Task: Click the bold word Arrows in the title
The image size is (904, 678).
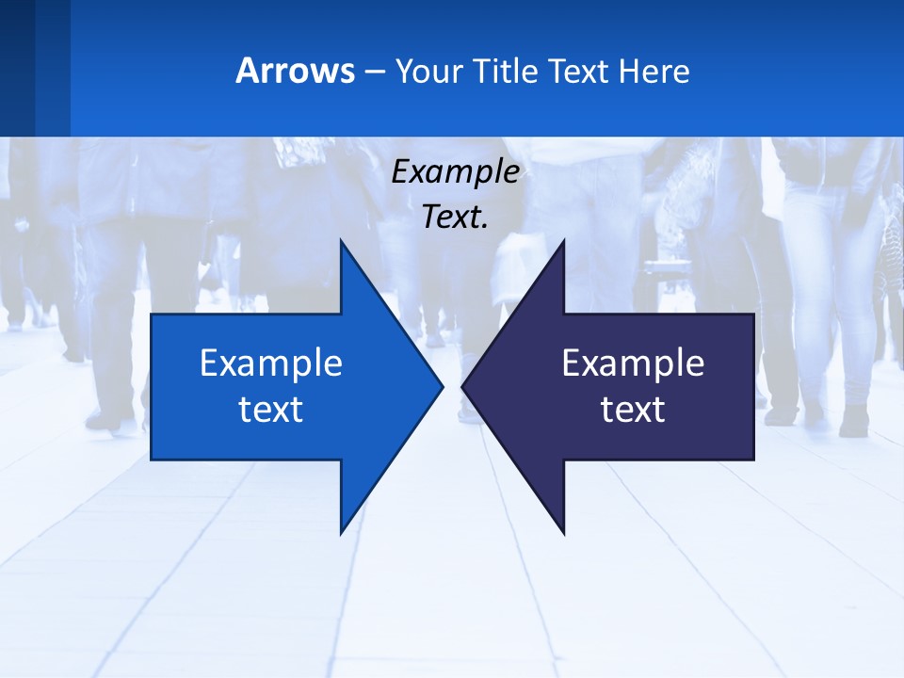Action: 295,71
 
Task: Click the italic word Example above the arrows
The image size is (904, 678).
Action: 456,171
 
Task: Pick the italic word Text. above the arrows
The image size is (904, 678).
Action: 456,217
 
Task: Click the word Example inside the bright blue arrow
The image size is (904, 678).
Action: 271,363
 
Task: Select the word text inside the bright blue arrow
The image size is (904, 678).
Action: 271,409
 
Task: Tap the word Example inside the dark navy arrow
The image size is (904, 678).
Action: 633,363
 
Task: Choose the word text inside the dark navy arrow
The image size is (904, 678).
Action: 633,409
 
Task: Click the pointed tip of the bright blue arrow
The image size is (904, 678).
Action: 442,386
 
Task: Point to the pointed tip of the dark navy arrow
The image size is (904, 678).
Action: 463,386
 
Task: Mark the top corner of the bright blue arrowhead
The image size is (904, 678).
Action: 341,241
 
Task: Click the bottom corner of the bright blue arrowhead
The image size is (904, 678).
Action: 341,533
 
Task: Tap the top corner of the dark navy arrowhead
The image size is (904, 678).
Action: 563,241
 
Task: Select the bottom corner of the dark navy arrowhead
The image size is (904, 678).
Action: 563,533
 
